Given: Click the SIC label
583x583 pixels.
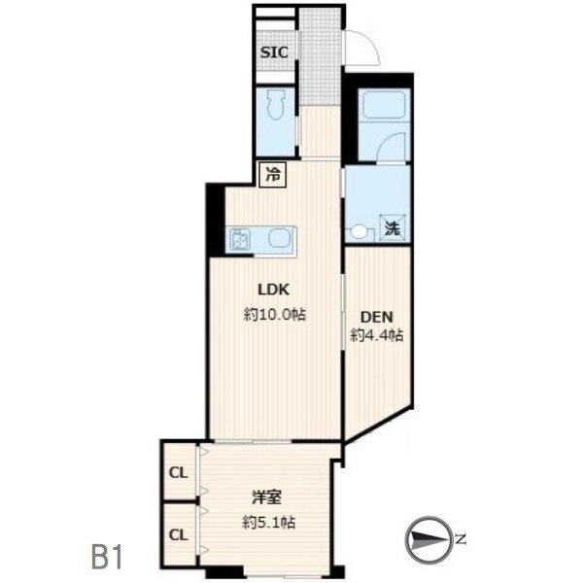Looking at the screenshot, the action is (274, 52).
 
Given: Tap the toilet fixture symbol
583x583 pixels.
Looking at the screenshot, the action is (275, 105).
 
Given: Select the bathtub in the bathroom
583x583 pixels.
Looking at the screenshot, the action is (384, 104).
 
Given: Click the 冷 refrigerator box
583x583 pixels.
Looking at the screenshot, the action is (272, 175).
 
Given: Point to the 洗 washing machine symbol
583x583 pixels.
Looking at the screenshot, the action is (393, 228).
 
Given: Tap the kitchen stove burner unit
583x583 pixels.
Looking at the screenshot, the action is (240, 239).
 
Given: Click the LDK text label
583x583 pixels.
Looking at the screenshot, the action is (274, 290).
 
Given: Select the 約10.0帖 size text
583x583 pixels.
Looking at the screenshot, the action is (275, 315).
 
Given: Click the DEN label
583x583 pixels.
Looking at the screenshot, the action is (377, 317).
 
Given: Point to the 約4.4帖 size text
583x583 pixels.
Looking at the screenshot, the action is (377, 336).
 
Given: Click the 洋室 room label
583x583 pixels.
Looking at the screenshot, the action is (267, 497).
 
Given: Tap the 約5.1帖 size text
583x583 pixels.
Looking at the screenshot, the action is (269, 523).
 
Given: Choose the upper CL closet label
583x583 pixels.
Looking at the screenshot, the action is (179, 473).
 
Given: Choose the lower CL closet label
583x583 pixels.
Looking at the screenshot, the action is (179, 535).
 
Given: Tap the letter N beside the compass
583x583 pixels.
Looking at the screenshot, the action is (461, 538).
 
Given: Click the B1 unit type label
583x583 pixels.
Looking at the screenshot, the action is (107, 558).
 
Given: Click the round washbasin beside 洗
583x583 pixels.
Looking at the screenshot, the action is (359, 231).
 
